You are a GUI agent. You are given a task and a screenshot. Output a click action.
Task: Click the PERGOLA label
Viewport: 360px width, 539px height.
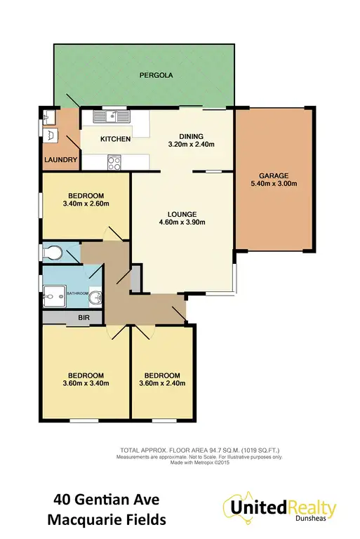pos(156,74)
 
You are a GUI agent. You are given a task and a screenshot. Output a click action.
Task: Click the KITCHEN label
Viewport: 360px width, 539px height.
pos(116,139)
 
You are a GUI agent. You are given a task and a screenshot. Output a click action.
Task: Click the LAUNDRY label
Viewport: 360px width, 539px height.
pos(60,160)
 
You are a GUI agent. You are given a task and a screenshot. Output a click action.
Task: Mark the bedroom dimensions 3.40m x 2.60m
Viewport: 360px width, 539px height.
pos(86,204)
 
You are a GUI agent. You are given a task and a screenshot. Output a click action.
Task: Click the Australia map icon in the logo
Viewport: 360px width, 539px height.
pos(235,507)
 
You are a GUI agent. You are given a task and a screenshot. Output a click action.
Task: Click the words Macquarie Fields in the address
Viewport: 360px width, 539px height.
pos(107,521)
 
